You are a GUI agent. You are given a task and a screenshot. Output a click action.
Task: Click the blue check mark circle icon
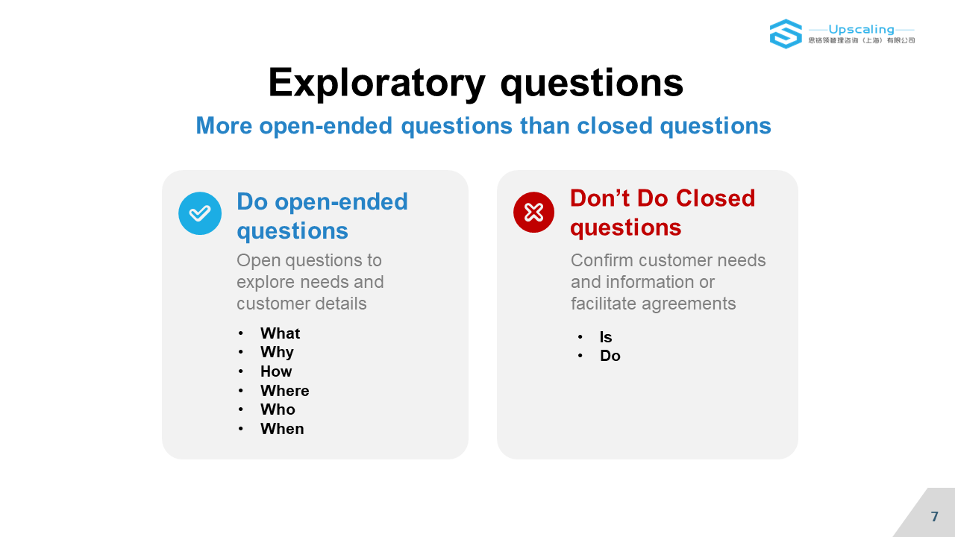coord(200,213)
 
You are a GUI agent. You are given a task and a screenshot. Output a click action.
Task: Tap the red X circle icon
coord(533,213)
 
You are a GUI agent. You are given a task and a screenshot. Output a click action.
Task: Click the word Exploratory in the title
coord(377,84)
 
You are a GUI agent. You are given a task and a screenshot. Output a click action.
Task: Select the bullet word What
coord(280,333)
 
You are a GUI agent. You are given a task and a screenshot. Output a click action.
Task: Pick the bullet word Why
coord(277,353)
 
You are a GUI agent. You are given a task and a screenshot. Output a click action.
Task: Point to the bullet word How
coord(276,371)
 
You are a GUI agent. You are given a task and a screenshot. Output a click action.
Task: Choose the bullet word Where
coord(285,391)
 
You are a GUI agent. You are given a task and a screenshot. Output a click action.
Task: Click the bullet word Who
coord(278,409)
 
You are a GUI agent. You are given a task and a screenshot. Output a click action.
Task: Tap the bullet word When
coord(282,429)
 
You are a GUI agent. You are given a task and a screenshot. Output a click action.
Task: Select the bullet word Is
coord(606,337)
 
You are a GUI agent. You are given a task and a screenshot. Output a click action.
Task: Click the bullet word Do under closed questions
coord(610,356)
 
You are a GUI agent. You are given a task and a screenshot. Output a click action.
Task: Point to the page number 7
coord(935,517)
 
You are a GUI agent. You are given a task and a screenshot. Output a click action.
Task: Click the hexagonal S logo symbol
coord(786,34)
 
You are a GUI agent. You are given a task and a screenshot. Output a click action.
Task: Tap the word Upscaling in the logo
coord(861,29)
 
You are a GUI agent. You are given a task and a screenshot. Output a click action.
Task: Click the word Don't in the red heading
coord(601,198)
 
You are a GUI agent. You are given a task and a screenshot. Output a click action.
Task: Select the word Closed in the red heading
coord(716,198)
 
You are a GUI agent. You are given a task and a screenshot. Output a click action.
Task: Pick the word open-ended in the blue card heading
coord(341,202)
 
